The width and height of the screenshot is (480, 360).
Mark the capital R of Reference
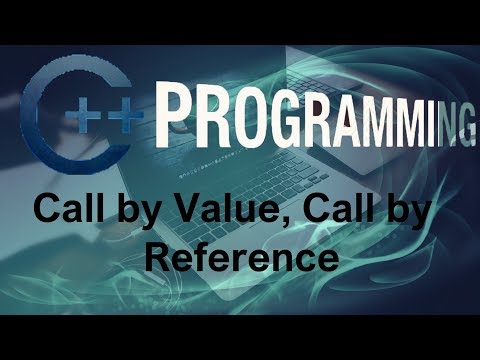pos(160,257)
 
